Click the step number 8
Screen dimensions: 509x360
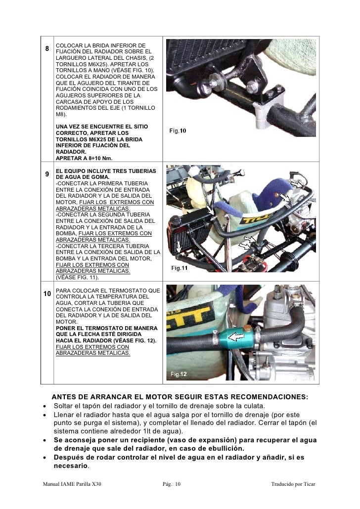[46, 49]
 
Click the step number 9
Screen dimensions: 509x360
[46, 174]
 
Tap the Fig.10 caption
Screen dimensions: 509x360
[178, 131]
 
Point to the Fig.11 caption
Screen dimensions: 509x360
[179, 268]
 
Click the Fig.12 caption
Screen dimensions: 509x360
[179, 375]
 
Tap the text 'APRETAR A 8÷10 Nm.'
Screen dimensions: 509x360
[84, 158]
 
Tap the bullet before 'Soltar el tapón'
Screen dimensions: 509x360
[45, 406]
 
